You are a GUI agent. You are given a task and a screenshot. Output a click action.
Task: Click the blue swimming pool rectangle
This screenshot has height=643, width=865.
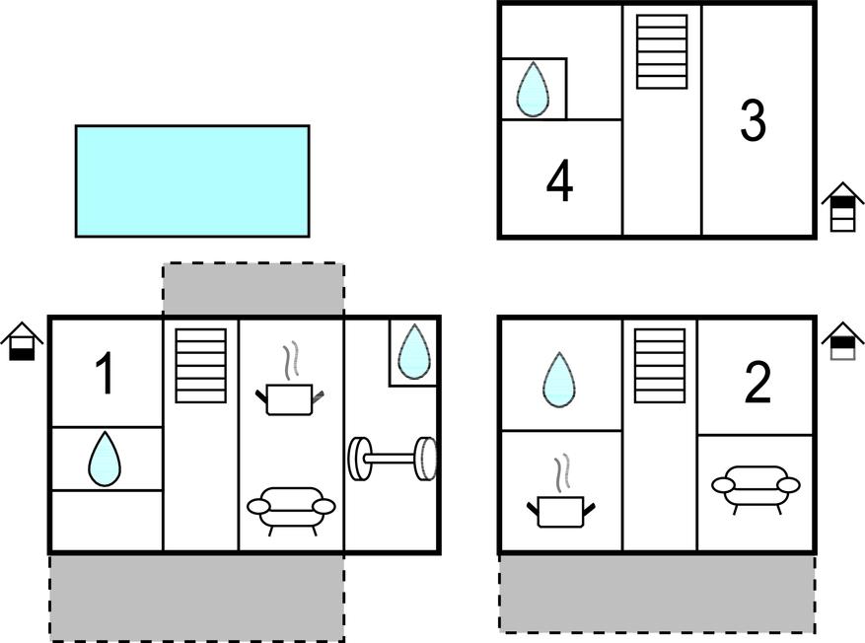pos(192,181)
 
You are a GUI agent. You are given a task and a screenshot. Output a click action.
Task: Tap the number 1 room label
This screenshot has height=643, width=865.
pos(105,374)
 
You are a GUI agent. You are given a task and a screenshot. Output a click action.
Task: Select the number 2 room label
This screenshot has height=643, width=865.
pos(757,383)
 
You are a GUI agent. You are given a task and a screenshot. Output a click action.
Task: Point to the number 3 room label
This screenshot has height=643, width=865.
pos(753,119)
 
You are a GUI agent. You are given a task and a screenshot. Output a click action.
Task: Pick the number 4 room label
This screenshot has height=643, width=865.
pos(559,180)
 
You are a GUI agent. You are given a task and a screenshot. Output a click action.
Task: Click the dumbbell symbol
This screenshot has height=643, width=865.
pos(393,459)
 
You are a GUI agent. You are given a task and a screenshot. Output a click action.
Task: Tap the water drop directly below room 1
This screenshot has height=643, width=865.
pos(105,459)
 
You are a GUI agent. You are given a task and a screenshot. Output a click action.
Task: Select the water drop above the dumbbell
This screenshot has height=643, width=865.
pos(413,352)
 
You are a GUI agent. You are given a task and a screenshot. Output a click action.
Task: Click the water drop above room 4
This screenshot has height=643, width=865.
pos(533,90)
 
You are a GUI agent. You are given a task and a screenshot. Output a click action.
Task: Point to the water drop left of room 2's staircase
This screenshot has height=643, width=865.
pos(559,380)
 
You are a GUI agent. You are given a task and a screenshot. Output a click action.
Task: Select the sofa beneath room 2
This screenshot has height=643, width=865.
pos(756,487)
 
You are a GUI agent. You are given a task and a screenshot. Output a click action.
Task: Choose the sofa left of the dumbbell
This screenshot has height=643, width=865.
pos(291,510)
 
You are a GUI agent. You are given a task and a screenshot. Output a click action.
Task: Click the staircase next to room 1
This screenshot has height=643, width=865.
pos(201,366)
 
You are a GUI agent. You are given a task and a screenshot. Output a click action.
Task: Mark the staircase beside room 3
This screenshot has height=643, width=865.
pos(662,51)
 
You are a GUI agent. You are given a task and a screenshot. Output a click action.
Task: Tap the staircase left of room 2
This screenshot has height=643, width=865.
pos(660,366)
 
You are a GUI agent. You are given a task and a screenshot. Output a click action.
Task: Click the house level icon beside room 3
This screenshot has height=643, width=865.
pos(842,206)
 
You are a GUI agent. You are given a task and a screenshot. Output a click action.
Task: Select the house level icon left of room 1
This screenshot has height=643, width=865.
pos(22,341)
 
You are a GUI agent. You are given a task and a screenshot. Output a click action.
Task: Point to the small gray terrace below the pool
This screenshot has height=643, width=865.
pos(253,289)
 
